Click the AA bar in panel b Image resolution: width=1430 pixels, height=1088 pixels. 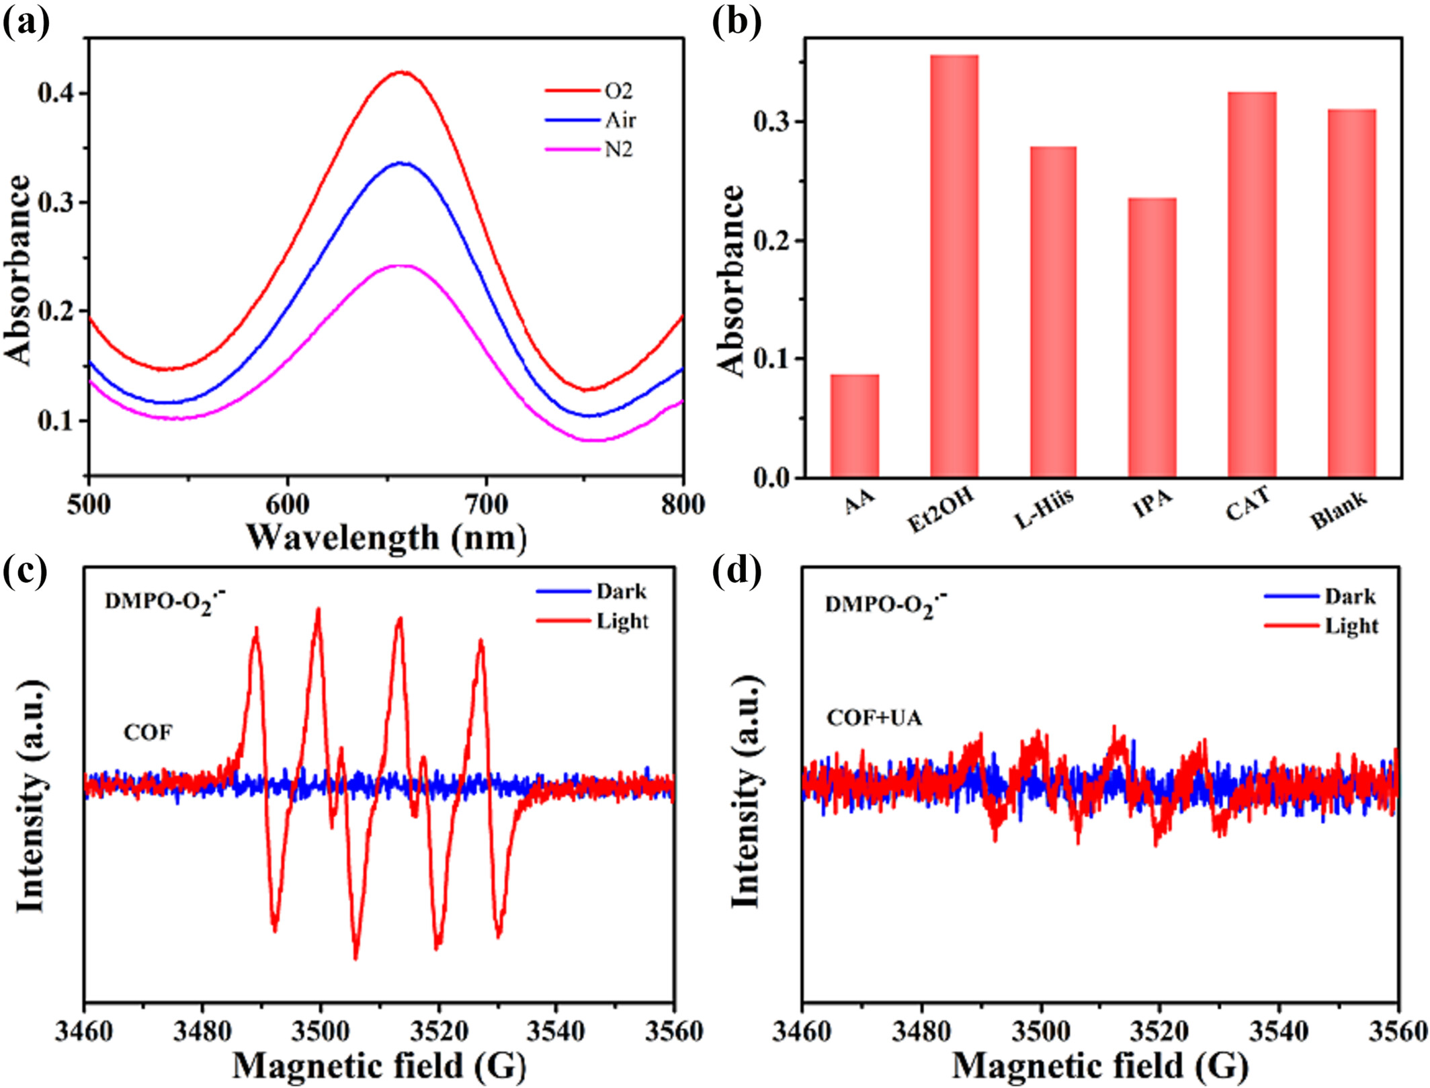854,426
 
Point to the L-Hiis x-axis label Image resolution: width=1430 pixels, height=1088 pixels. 1044,509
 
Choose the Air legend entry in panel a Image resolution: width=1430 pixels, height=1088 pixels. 620,120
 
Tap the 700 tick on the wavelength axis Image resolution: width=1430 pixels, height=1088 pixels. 486,504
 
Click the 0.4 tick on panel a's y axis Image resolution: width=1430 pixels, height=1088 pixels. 56,93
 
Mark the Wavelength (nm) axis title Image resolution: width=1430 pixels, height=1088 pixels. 386,538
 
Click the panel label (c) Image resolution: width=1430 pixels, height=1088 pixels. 26,573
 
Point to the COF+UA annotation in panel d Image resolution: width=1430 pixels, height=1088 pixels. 874,718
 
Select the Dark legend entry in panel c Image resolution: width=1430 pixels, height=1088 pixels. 621,591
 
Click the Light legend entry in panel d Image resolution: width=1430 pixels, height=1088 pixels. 1351,626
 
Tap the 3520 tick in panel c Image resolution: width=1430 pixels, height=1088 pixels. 438,1030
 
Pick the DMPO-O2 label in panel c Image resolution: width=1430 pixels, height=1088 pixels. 165,600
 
